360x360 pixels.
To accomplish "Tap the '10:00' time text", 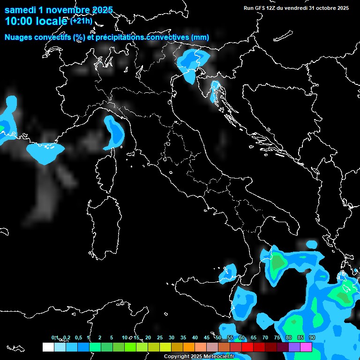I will click(19, 21).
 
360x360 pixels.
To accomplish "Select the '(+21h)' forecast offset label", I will click(81, 21).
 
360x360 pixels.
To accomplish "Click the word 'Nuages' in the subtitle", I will click(18, 37).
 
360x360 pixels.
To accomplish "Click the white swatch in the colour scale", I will click(48, 347).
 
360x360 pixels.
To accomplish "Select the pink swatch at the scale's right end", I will click(306, 347).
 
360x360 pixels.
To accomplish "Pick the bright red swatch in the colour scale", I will click(247, 347).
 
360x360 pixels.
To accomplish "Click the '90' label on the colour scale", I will click(312, 337).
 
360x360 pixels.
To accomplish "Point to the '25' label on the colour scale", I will click(159, 337).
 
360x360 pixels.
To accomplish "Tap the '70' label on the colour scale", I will click(265, 337).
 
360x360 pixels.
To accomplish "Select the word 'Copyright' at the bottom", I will click(176, 357).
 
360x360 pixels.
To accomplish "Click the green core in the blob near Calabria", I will click(278, 263).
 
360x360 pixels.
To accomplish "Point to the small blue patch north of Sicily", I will click(230, 271).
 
